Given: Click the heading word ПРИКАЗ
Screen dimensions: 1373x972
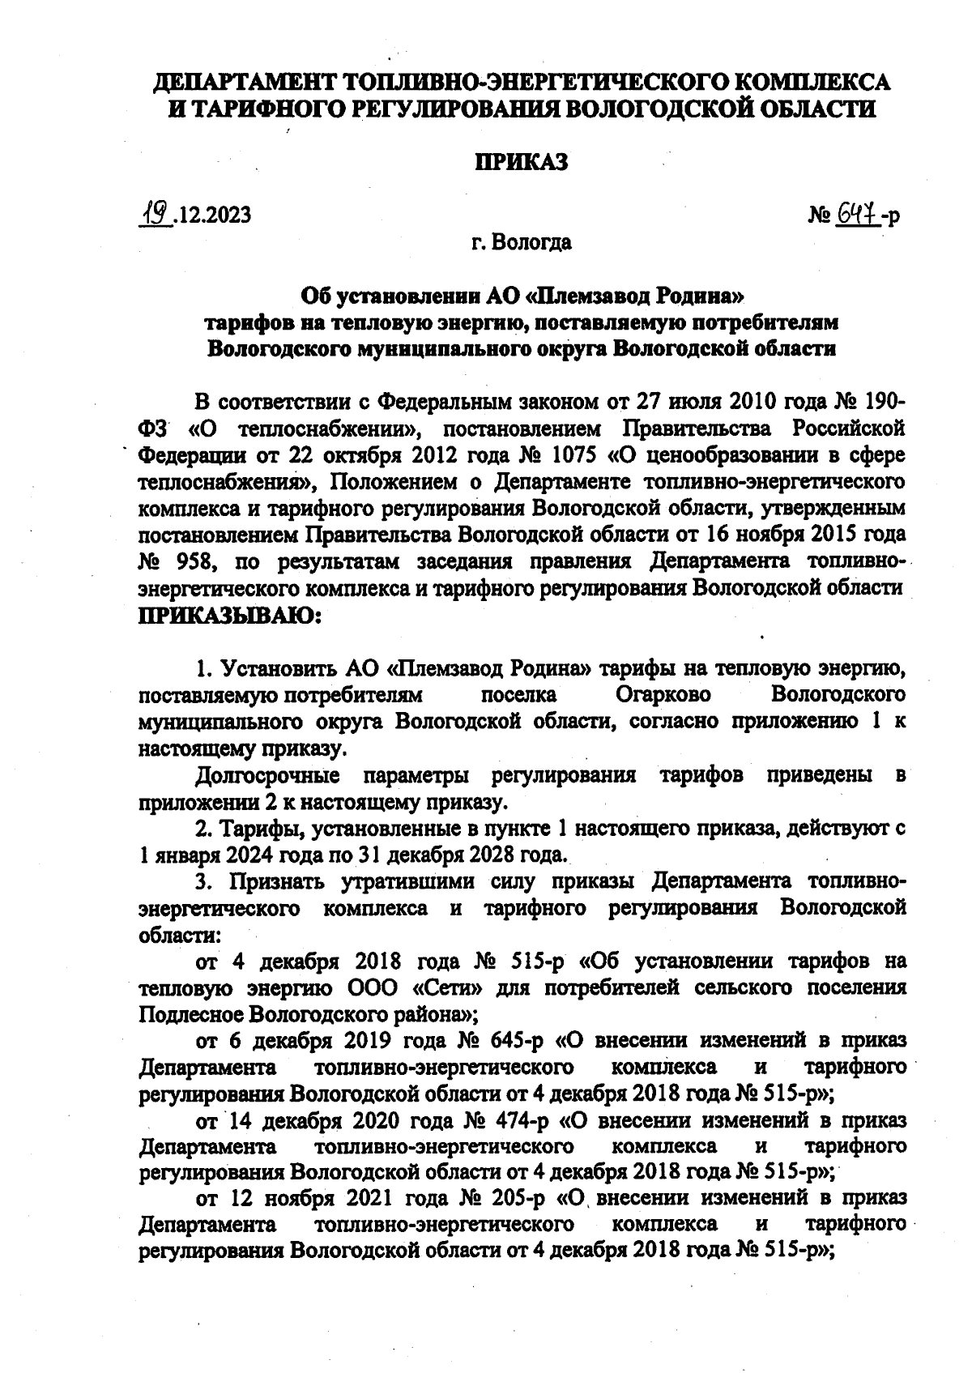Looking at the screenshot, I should coord(521,162).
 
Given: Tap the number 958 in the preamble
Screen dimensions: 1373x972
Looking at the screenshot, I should coord(194,561).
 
